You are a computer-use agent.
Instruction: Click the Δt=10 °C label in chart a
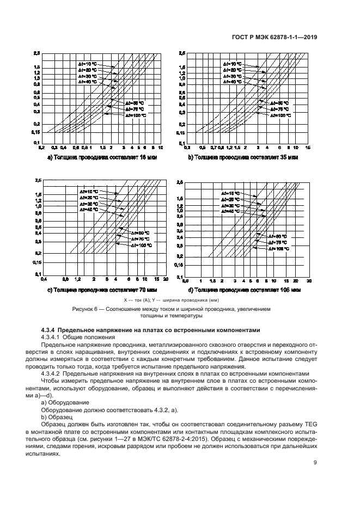87,65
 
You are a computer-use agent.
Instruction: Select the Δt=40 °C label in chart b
233,81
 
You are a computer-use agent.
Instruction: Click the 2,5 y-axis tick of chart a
36,53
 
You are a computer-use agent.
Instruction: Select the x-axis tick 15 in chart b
308,148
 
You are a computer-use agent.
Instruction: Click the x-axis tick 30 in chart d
309,280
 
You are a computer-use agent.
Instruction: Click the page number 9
315,463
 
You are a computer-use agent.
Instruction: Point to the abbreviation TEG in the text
310,422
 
